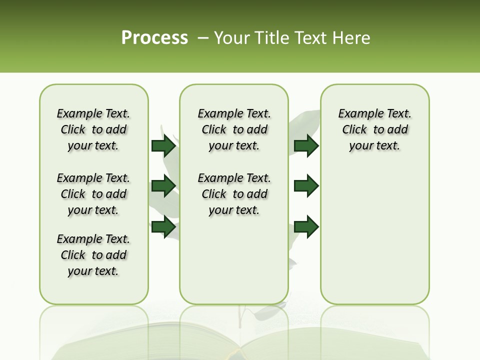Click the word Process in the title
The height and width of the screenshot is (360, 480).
point(154,38)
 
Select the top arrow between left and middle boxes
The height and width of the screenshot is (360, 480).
point(163,145)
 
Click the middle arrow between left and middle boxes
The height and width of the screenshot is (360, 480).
point(163,186)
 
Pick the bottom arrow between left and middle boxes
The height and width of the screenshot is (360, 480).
point(163,227)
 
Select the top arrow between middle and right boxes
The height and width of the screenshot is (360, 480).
point(306,145)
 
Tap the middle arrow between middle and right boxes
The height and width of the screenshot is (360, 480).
point(306,186)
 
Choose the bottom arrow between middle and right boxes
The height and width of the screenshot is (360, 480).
point(306,227)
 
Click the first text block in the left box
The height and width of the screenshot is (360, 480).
point(93,129)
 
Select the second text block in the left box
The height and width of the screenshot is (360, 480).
point(93,194)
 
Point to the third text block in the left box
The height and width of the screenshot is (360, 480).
point(93,255)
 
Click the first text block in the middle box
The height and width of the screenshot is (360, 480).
point(234,129)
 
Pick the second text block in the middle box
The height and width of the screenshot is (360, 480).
point(234,194)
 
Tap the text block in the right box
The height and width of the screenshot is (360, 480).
point(374,129)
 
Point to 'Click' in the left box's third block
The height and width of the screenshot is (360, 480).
point(73,255)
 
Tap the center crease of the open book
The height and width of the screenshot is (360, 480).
point(240,347)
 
